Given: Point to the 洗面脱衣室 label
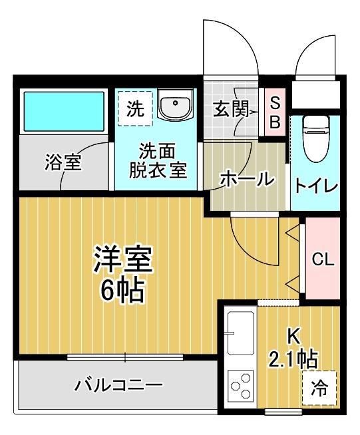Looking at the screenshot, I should [157, 160].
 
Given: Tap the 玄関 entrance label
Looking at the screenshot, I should [230, 109].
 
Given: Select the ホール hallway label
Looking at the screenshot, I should [246, 178].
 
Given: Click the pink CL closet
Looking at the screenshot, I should [323, 259].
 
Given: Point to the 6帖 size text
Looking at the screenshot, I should [123, 291].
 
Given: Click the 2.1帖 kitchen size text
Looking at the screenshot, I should [292, 360].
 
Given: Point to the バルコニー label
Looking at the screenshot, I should [118, 385].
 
